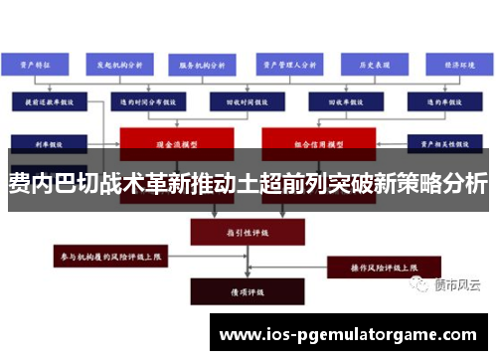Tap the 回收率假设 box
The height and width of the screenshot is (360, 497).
[x=334, y=100]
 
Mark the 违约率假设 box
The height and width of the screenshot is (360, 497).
[x=444, y=100]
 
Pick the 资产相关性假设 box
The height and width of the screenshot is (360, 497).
[x=444, y=140]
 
